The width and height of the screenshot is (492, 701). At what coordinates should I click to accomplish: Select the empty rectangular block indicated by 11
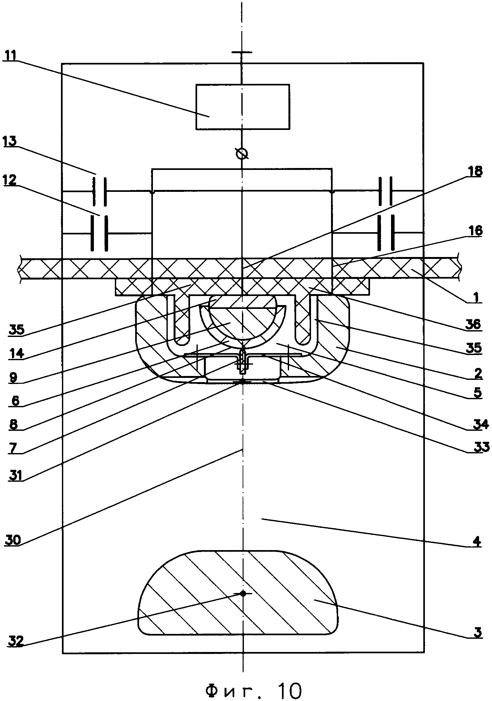tap(242, 107)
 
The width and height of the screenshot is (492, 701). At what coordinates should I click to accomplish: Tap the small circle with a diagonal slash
tap(242, 154)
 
